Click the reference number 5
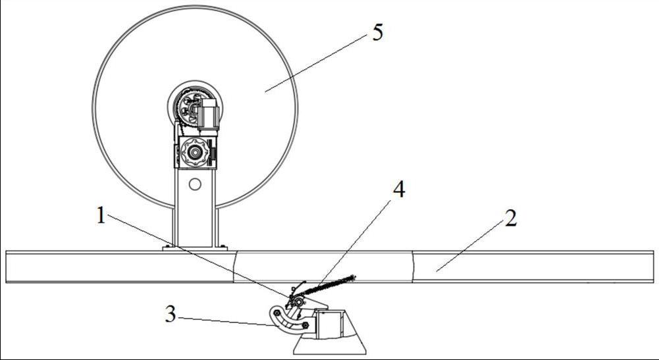coord(377,33)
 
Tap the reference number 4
coord(398,190)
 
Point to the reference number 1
coord(101,215)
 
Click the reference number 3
coord(171,315)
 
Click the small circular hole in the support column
coord(194,185)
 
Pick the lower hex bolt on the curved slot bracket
coord(305,325)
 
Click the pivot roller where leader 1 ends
coord(298,301)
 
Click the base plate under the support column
coord(195,248)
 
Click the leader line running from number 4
coord(349,244)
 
